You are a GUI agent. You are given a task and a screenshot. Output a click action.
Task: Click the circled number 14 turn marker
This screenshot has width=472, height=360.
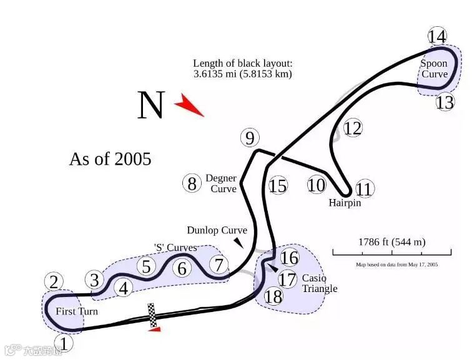[x=438, y=36]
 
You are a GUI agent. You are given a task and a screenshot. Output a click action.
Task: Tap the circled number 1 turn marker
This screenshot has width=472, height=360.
[x=64, y=343]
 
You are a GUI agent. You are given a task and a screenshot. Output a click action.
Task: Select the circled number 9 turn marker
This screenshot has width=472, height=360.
[x=250, y=138]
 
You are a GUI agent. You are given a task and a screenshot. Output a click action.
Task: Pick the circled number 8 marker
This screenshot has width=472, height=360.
[x=192, y=183]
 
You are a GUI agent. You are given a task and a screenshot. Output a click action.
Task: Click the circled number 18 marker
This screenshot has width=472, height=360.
[x=273, y=296]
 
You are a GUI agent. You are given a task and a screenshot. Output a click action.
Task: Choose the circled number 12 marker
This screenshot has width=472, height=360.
[x=353, y=129]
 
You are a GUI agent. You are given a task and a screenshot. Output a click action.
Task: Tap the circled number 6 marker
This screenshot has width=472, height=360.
[x=182, y=268]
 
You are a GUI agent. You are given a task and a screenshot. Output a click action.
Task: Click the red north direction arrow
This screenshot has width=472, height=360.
[x=189, y=105]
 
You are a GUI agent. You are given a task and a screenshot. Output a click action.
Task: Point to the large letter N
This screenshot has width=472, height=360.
[x=150, y=105]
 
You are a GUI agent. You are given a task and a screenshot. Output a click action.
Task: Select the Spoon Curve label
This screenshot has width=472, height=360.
[x=434, y=69]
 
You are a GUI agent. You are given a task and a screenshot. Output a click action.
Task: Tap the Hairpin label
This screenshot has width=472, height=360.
[x=345, y=203]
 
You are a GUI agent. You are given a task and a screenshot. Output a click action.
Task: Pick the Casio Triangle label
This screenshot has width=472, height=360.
[x=319, y=283]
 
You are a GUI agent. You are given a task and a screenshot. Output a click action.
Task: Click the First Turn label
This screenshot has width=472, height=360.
[x=77, y=311]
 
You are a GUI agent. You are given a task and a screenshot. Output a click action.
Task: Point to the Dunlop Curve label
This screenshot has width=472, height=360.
[x=217, y=230]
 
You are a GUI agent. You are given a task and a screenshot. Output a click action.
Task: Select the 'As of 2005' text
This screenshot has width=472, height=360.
[x=110, y=159]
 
